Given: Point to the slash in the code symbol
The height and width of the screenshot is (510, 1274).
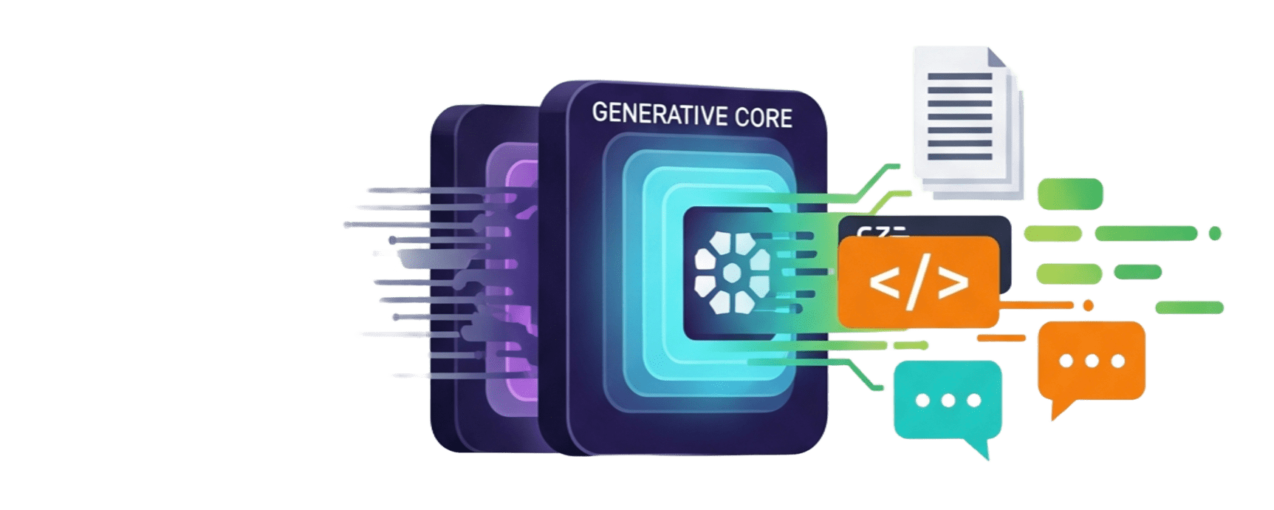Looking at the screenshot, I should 919,283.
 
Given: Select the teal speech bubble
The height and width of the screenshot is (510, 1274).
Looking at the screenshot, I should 947,401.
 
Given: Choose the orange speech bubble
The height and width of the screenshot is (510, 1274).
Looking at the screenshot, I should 1091,361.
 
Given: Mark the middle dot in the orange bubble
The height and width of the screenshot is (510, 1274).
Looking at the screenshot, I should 1092,361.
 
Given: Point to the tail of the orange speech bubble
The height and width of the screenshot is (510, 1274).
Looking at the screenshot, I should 1058,410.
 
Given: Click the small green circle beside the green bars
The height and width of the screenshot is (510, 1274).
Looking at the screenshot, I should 1215,234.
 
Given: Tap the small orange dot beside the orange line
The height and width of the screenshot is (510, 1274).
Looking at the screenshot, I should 1087,305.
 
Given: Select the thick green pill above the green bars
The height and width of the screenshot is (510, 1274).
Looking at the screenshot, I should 1070,192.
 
